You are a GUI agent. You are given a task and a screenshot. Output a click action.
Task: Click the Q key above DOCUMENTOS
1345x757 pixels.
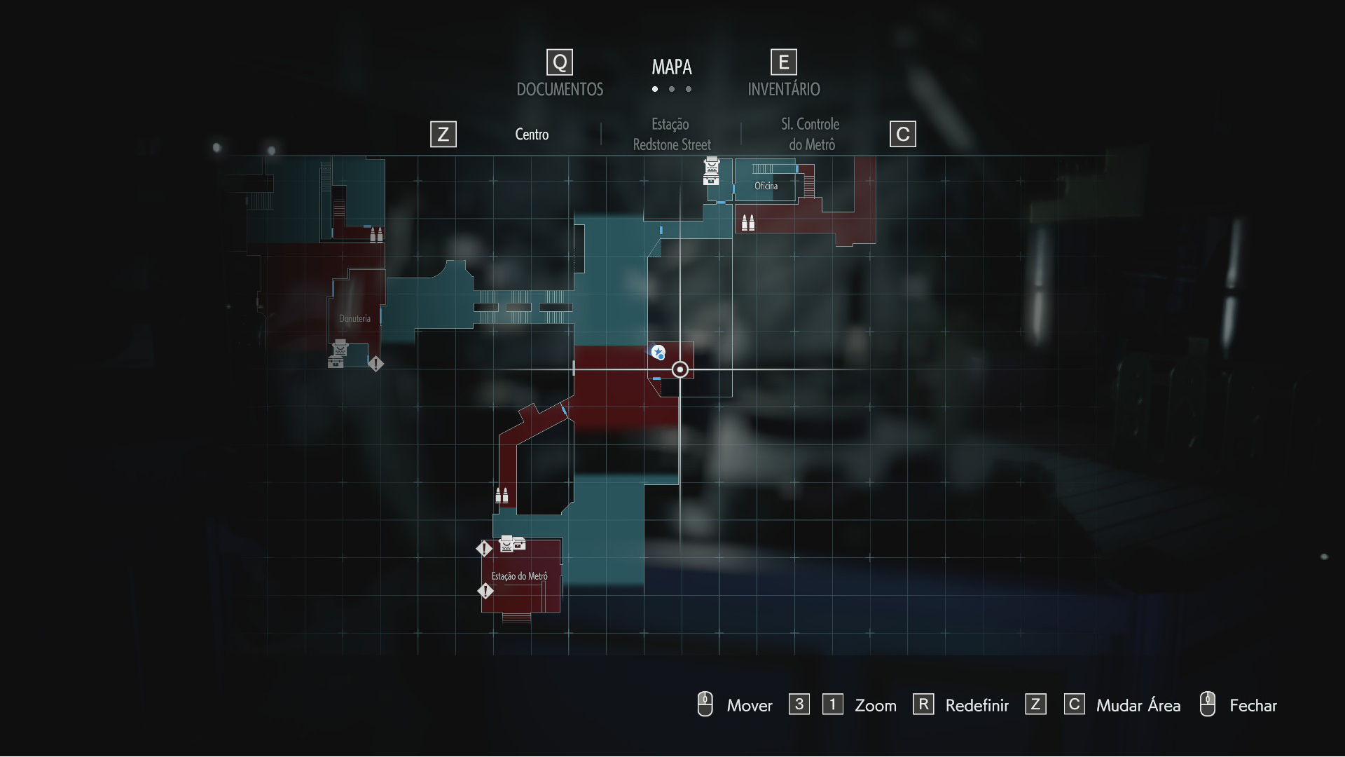click(x=560, y=62)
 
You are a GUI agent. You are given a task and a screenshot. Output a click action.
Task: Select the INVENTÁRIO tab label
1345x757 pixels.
click(x=783, y=89)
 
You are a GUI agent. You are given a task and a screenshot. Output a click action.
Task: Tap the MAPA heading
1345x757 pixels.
click(x=672, y=67)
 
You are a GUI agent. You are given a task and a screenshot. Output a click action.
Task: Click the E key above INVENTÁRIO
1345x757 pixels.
click(x=783, y=62)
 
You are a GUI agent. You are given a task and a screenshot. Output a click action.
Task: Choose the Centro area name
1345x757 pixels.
click(x=532, y=134)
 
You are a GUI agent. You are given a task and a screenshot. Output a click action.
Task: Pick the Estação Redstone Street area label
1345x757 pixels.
click(x=671, y=134)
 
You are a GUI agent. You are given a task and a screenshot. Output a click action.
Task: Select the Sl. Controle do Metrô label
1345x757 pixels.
click(x=811, y=134)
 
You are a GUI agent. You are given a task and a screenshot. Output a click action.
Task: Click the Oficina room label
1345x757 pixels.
click(x=766, y=186)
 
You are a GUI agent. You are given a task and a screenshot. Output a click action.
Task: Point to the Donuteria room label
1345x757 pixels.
click(x=354, y=318)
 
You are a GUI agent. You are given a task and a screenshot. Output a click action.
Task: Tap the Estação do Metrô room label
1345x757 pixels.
click(x=519, y=576)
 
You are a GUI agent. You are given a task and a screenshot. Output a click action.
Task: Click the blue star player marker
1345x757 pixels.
click(x=658, y=352)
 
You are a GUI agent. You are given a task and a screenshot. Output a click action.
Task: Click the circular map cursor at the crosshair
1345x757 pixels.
click(x=680, y=369)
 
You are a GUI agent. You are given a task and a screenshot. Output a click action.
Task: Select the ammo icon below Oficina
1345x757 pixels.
click(x=748, y=222)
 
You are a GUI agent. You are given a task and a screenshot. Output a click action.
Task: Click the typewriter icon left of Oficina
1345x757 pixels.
click(x=711, y=171)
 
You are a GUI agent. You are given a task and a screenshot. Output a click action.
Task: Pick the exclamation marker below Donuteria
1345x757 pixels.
click(x=375, y=364)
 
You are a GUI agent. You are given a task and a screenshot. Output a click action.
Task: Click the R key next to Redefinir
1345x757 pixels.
click(x=923, y=704)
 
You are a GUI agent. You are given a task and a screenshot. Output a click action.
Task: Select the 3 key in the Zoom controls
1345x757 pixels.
click(x=799, y=704)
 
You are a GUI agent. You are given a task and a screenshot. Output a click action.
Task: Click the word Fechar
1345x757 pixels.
click(x=1253, y=705)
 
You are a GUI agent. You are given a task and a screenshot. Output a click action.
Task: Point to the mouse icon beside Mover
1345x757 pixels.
click(x=705, y=704)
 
